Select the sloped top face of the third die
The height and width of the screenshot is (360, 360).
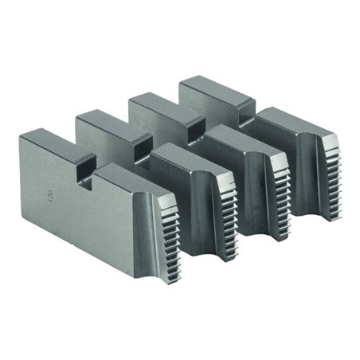pyautogui.click(x=239, y=135)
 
